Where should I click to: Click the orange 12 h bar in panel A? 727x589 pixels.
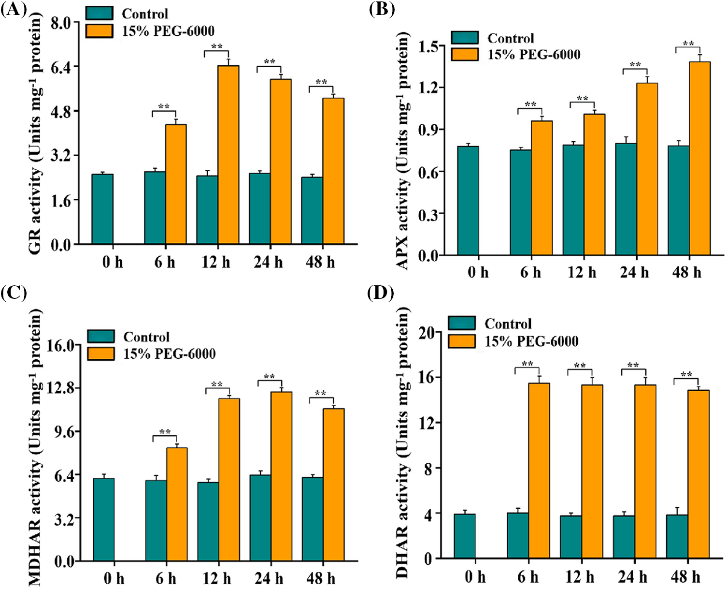tap(228, 155)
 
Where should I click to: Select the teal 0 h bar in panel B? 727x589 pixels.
tap(468, 201)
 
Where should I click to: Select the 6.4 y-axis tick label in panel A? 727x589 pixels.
tap(60, 67)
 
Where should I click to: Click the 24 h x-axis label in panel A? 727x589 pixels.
tap(268, 263)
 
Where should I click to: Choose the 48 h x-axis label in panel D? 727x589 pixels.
tap(685, 577)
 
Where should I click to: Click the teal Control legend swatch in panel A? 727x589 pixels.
tap(100, 13)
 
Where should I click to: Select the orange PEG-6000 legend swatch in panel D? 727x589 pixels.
tap(462, 341)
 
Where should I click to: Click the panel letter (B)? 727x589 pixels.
tap(382, 9)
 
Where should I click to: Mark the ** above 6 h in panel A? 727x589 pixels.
tap(164, 107)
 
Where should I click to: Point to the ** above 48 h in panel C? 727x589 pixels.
tap(321, 394)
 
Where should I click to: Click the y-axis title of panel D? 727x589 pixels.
tap(402, 442)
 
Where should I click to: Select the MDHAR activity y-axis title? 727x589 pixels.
tap(36, 447)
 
